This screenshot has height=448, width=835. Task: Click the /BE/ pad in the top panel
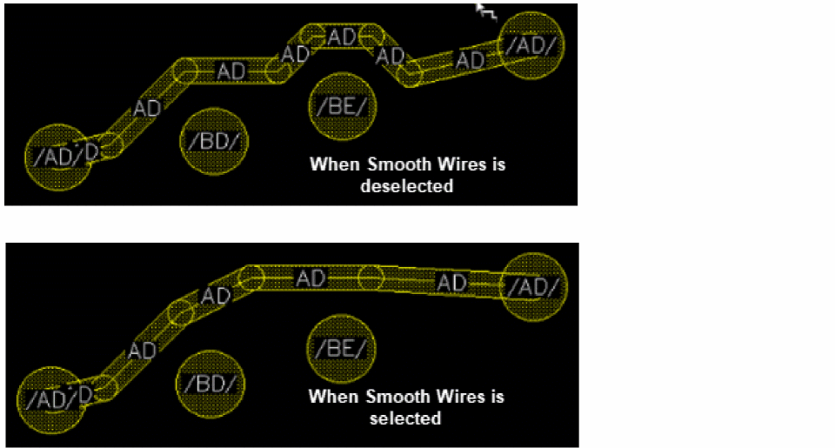(x=343, y=106)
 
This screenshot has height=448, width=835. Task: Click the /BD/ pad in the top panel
(x=214, y=141)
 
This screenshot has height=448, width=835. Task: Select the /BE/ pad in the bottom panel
(x=341, y=348)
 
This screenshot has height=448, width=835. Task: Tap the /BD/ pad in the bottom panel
(x=210, y=384)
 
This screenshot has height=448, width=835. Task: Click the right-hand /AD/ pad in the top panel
(x=531, y=45)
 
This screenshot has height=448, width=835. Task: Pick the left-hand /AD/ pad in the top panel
(x=58, y=157)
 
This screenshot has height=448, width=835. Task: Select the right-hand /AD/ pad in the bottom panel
(x=534, y=287)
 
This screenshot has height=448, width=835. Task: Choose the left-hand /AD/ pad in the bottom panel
(x=51, y=399)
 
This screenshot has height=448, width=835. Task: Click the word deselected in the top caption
(x=407, y=186)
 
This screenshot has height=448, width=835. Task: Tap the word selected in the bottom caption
(x=405, y=418)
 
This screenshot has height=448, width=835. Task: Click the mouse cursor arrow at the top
(x=485, y=11)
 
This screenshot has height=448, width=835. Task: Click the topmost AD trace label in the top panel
(x=341, y=37)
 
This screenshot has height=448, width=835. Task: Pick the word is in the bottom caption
(x=497, y=397)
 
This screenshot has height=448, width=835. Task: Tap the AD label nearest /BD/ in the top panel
(x=147, y=108)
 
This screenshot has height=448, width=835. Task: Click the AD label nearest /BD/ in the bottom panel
(x=142, y=351)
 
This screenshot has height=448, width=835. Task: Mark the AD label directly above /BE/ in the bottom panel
(x=311, y=278)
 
